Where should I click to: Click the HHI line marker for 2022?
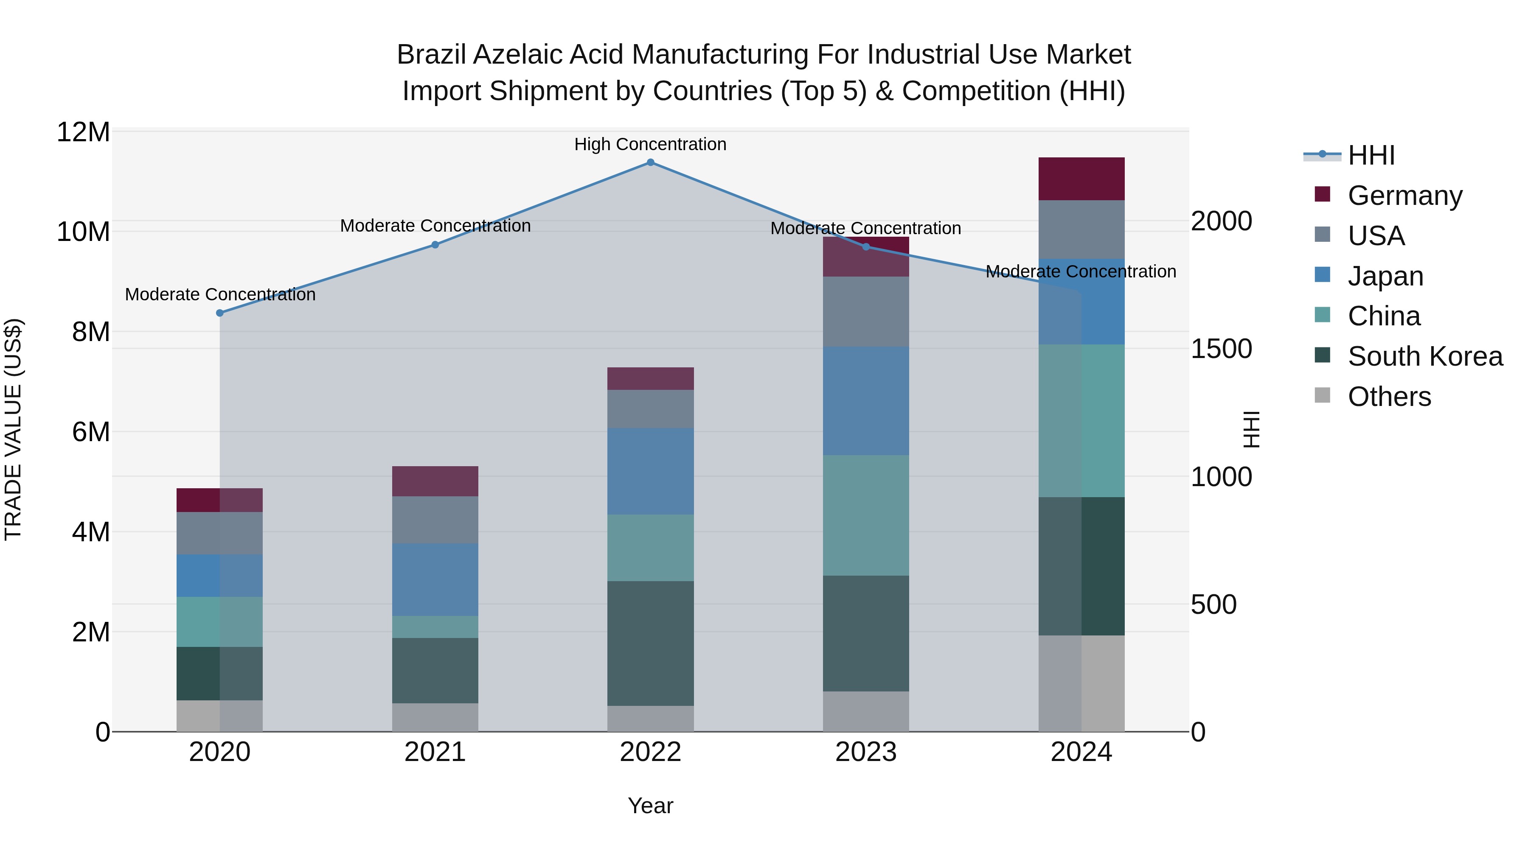click(x=650, y=162)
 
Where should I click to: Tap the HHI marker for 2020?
click(x=219, y=313)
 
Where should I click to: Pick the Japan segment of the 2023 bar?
click(x=865, y=401)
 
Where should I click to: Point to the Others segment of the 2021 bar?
click(x=435, y=717)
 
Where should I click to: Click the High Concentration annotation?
click(x=650, y=145)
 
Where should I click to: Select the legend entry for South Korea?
click(x=1425, y=357)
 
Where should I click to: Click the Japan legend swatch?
click(x=1322, y=275)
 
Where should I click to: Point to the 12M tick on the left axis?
click(x=83, y=132)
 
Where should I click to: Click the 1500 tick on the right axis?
click(x=1221, y=349)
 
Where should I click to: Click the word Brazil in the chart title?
click(x=431, y=55)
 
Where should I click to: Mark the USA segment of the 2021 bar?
click(x=435, y=520)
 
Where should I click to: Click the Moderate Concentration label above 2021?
click(x=435, y=226)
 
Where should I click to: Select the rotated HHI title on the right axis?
click(x=1251, y=429)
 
